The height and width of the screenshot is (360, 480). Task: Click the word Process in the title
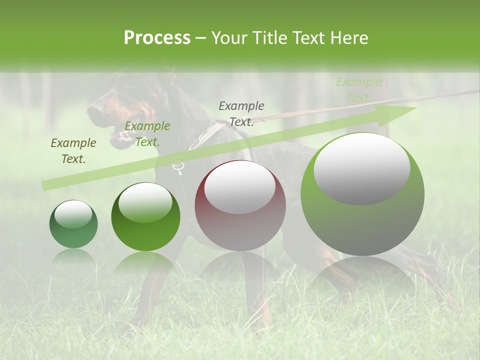[x=157, y=38]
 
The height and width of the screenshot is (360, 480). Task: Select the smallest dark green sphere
[x=73, y=224]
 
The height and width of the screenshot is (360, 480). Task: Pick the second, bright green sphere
[x=145, y=216]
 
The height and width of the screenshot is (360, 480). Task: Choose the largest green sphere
[x=362, y=194]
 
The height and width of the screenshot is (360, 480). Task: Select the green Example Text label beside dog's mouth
[x=147, y=134]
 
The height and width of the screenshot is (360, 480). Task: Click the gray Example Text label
[x=241, y=114]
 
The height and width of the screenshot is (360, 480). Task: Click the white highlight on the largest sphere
[x=361, y=168]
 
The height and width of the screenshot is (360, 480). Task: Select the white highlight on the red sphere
[x=239, y=187]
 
